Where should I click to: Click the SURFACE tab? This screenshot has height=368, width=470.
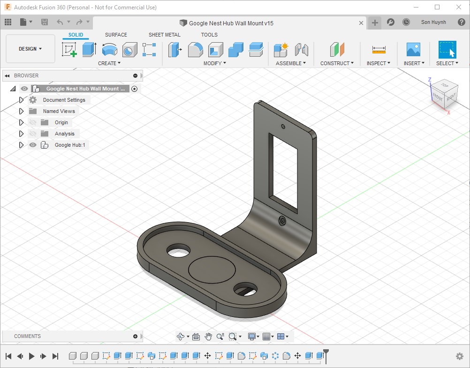click(116, 35)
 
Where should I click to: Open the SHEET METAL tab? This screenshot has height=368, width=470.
click(165, 35)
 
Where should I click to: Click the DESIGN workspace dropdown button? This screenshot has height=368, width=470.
click(30, 49)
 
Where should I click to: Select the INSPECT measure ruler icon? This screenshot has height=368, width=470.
click(379, 50)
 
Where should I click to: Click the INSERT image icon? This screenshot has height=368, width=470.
click(413, 49)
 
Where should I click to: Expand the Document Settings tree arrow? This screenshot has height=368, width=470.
click(21, 100)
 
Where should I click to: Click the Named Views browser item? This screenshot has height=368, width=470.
click(59, 111)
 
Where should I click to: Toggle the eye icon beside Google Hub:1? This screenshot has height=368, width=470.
click(33, 145)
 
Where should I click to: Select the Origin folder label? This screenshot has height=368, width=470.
click(61, 122)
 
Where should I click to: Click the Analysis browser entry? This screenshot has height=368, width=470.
click(64, 134)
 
